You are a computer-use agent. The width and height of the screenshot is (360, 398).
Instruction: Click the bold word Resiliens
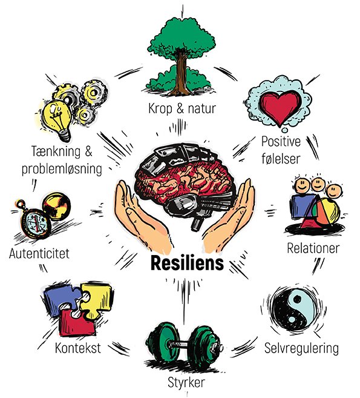tap(187, 263)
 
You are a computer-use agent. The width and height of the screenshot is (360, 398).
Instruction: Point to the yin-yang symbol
tap(293, 309)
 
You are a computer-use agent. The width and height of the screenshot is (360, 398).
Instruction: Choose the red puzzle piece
tap(77, 323)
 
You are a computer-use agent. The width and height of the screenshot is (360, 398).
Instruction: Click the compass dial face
tap(36, 222)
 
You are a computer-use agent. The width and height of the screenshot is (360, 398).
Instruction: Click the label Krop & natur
tap(182, 108)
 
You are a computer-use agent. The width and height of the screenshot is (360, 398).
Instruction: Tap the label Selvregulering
tap(301, 348)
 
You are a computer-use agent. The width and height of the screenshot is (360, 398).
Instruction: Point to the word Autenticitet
tap(39, 253)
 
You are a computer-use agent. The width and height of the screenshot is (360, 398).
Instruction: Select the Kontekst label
tap(78, 348)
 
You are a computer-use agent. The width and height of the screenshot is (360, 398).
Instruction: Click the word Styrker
tap(186, 382)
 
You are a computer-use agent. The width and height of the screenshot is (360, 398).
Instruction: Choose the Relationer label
tap(313, 248)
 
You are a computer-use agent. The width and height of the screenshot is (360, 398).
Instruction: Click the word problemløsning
tap(62, 169)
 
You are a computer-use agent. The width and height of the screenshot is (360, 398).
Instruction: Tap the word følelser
tap(281, 159)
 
